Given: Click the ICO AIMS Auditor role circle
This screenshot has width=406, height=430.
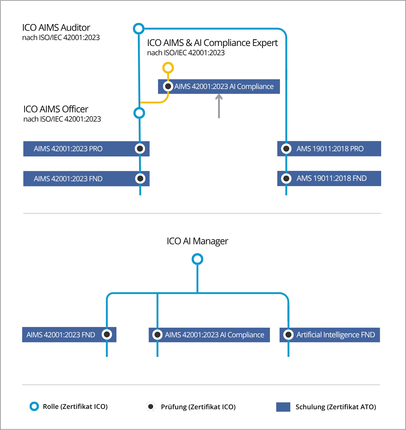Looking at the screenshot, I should [x=138, y=29].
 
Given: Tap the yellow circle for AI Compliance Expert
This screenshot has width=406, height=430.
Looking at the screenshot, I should [x=168, y=68].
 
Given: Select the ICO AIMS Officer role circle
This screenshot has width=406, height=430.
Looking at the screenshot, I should [x=139, y=113].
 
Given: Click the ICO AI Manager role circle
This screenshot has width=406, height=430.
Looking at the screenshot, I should [x=197, y=259].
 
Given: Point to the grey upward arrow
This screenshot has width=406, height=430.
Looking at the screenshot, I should [x=219, y=106].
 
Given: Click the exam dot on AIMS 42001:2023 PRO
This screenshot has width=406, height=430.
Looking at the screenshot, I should [x=140, y=149].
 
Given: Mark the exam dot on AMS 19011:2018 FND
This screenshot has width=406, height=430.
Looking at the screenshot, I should [x=286, y=178].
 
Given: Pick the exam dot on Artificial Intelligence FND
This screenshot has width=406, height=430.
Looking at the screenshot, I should [x=288, y=335].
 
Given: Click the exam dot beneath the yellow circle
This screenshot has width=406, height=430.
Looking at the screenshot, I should [x=168, y=86].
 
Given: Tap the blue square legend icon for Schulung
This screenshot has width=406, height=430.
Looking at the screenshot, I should [x=283, y=407].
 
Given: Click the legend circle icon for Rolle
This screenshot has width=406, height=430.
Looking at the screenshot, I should [x=34, y=406].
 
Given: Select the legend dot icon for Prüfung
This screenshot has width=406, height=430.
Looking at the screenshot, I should [x=151, y=407].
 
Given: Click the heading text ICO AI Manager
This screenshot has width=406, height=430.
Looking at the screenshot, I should [x=197, y=241].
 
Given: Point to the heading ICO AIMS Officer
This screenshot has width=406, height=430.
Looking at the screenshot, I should [x=56, y=109].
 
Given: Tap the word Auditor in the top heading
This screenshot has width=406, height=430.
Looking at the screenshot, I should [x=75, y=28].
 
